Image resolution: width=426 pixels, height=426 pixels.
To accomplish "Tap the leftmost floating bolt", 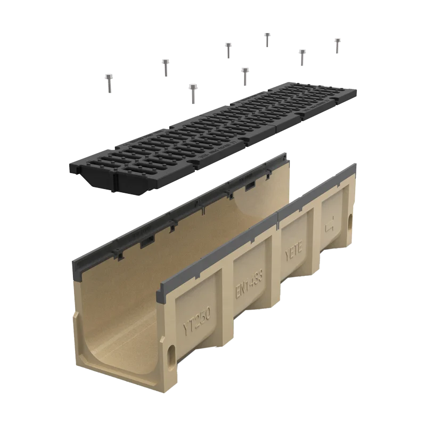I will [109, 83].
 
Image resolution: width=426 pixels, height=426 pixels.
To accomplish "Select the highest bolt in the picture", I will [267, 38].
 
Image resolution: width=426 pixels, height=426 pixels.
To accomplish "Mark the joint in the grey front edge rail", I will [278, 216].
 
